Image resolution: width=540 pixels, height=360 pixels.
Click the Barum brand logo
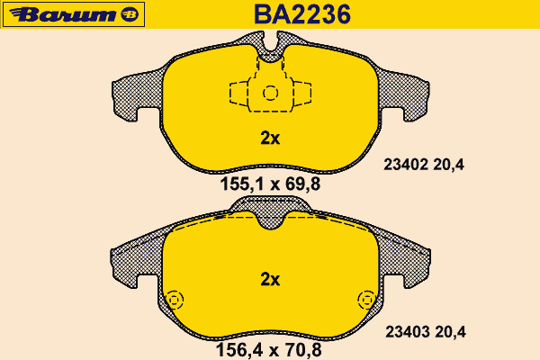(x=74, y=14)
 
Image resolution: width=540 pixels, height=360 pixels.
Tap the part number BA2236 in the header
(x=302, y=14)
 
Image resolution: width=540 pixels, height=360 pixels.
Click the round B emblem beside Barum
(x=130, y=14)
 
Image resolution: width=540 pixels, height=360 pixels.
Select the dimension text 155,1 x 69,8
(x=270, y=184)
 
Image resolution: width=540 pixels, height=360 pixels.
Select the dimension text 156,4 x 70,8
(x=268, y=350)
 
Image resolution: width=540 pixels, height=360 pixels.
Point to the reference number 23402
(x=406, y=165)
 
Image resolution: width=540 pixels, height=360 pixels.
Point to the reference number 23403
(x=408, y=332)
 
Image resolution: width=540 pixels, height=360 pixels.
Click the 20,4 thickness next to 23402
(x=448, y=165)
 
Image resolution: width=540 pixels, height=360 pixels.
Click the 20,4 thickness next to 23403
(x=450, y=332)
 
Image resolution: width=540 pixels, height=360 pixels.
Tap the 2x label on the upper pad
(x=270, y=138)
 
